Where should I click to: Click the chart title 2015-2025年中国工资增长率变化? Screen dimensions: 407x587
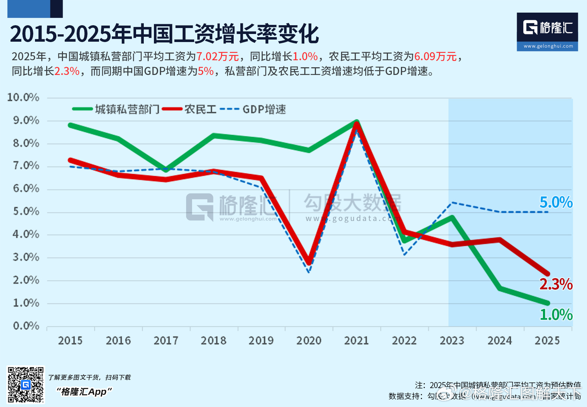(x=164, y=34)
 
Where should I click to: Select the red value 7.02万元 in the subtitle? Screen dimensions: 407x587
(x=217, y=56)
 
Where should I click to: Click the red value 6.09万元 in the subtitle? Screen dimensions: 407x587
(x=435, y=56)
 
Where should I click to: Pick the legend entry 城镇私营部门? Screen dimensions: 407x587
(x=127, y=109)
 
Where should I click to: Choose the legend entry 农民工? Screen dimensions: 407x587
(x=200, y=109)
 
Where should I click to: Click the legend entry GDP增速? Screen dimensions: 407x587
(x=264, y=109)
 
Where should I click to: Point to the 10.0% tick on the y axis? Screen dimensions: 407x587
(x=23, y=97)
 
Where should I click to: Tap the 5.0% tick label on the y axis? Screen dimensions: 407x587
(x=26, y=212)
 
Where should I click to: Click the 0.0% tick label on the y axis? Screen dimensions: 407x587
(x=26, y=326)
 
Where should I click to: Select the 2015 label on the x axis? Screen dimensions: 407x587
(x=70, y=340)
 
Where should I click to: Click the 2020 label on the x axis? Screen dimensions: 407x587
(x=309, y=340)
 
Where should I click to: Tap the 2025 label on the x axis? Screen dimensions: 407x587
(x=547, y=340)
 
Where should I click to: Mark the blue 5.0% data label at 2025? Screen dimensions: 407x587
(x=556, y=202)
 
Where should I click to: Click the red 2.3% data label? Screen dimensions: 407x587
(x=556, y=284)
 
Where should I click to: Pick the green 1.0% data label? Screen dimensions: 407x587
(x=556, y=315)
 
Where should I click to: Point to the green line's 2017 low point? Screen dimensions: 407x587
(x=166, y=170)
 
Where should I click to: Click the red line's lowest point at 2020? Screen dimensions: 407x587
(x=309, y=262)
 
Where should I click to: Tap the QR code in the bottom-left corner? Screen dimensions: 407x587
(x=26, y=385)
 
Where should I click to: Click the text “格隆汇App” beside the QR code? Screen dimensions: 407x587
(x=84, y=392)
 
